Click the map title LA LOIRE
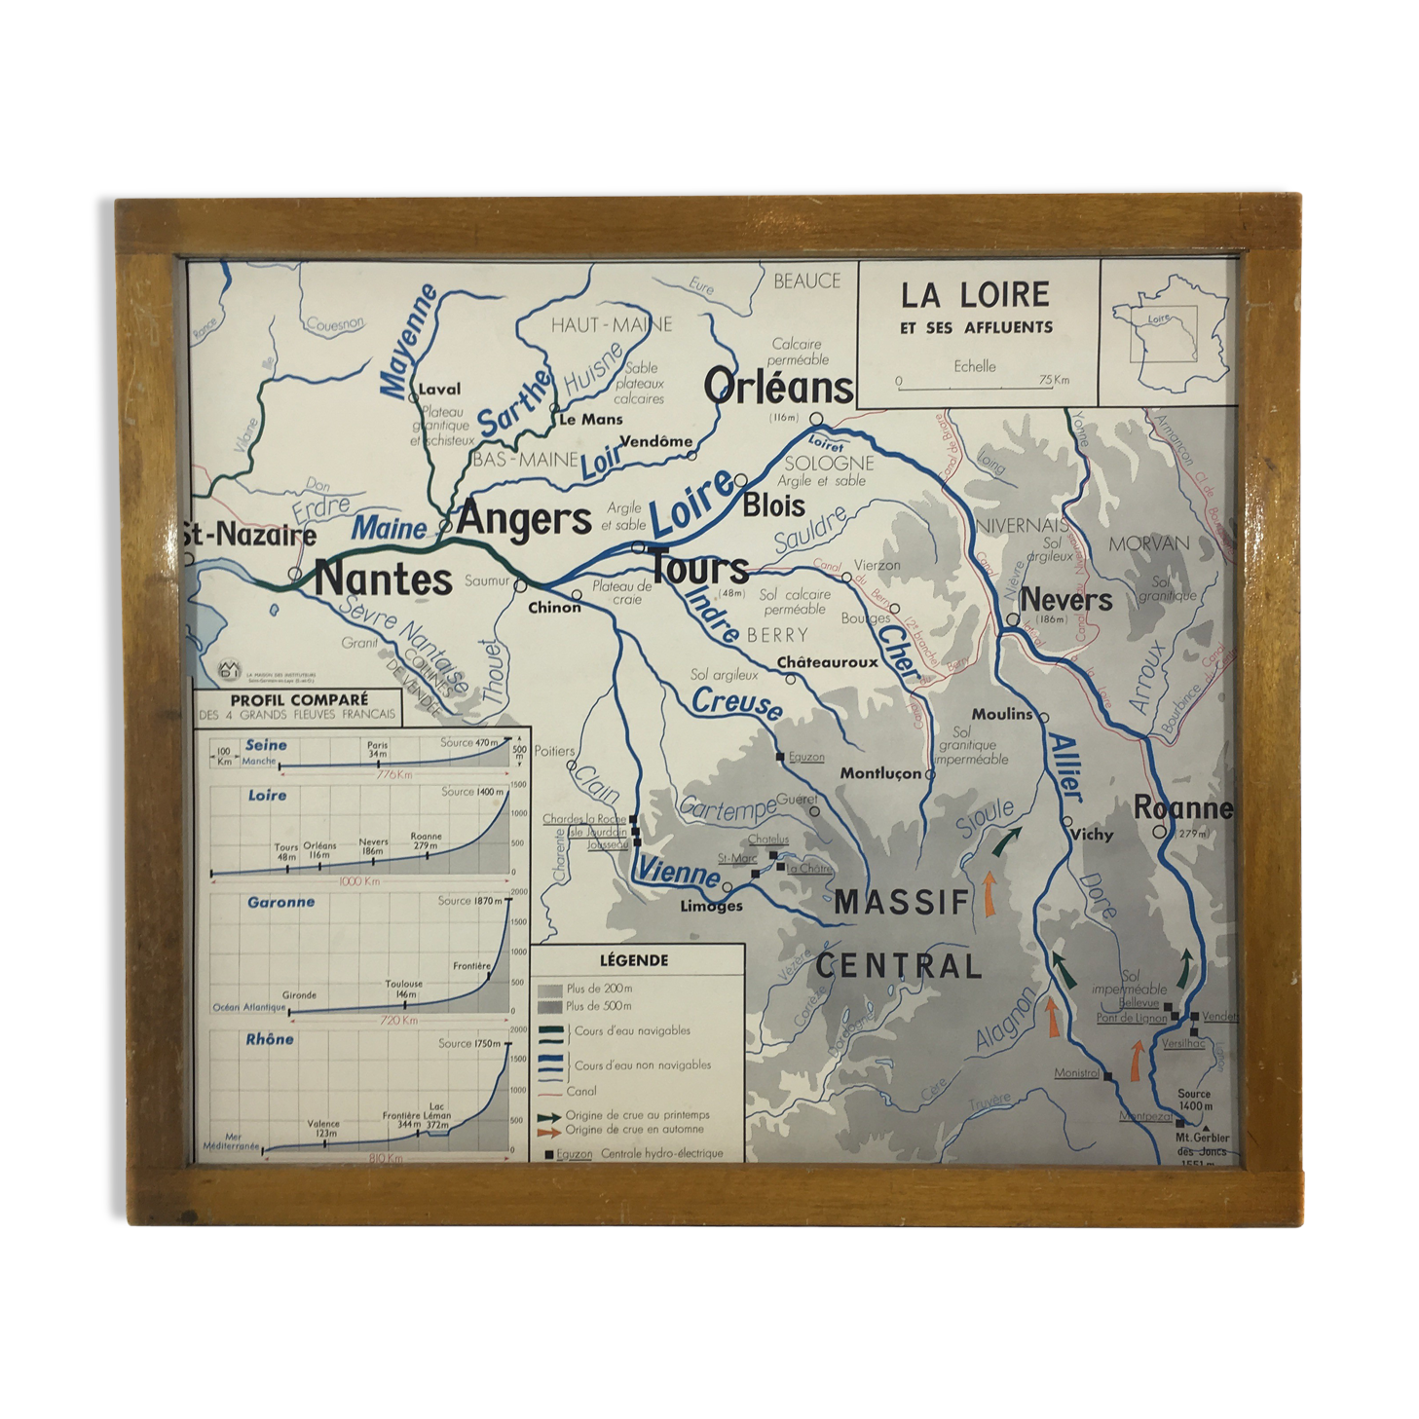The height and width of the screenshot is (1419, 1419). click(x=974, y=295)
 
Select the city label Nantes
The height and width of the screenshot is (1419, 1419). click(x=383, y=579)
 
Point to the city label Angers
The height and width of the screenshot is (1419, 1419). click(x=524, y=518)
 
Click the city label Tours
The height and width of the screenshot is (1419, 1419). click(x=699, y=569)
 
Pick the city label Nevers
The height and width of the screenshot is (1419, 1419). click(x=1065, y=600)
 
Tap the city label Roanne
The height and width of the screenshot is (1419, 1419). click(x=1182, y=807)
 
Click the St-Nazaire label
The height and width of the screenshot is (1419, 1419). click(x=249, y=535)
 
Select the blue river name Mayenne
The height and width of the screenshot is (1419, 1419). click(x=408, y=342)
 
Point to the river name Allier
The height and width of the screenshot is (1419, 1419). click(x=1065, y=768)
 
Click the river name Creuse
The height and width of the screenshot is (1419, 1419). click(x=736, y=703)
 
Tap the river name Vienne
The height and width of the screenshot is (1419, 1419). click(x=679, y=872)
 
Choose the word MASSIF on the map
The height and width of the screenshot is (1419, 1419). click(x=902, y=903)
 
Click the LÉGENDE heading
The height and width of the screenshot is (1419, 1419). click(x=633, y=960)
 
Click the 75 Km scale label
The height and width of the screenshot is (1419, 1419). click(x=1053, y=380)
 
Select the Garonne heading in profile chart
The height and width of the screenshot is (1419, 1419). click(x=280, y=902)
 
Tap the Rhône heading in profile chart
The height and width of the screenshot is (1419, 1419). click(x=269, y=1039)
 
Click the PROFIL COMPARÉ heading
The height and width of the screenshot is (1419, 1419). click(x=299, y=699)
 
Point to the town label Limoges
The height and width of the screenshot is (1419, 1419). click(x=711, y=907)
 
